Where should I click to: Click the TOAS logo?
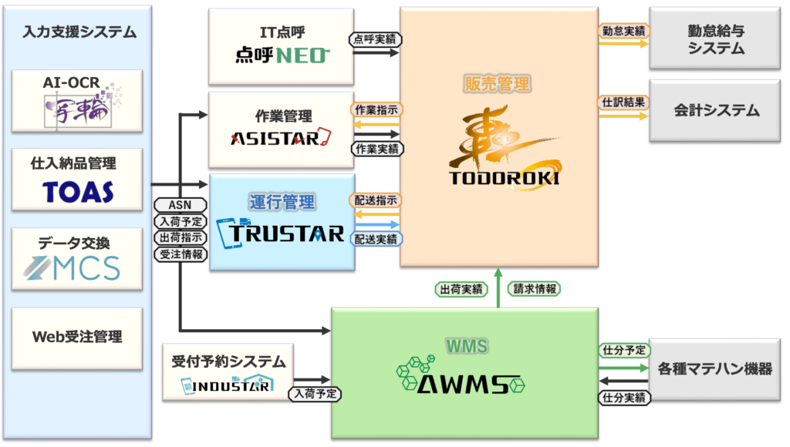tap(77, 191)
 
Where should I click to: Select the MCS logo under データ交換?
tap(78, 268)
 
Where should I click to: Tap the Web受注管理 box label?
tap(77, 337)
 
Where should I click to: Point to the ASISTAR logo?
tap(281, 139)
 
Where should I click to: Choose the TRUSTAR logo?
tap(281, 232)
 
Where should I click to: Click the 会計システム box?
tap(716, 110)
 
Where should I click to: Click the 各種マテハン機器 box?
tap(716, 368)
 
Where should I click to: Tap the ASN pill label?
tap(180, 205)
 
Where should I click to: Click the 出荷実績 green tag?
tap(461, 289)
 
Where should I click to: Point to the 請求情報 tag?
tap(535, 289)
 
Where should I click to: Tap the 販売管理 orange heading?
tap(498, 83)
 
